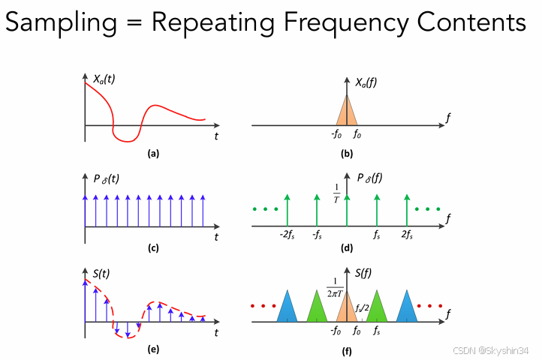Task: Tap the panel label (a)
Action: (153, 154)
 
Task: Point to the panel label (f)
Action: (346, 351)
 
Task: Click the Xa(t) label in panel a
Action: (105, 78)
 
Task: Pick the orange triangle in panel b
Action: (346, 113)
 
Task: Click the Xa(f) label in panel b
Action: (366, 83)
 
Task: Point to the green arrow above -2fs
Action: (286, 208)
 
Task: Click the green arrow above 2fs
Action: (406, 208)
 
